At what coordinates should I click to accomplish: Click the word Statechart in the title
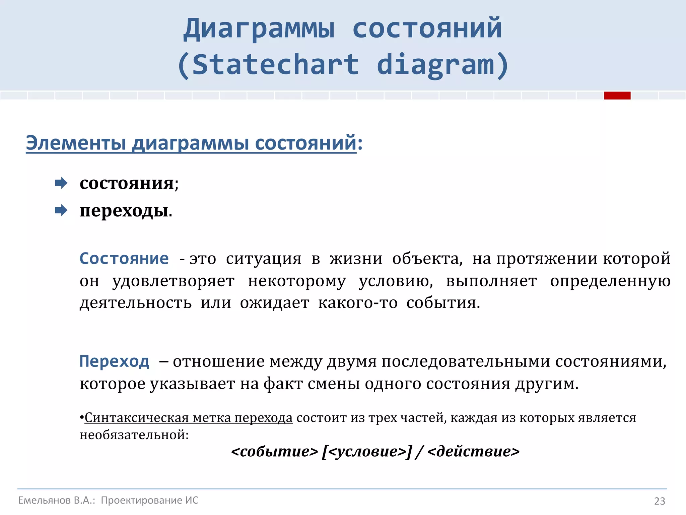click(x=275, y=64)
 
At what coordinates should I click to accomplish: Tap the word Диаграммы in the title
click(x=259, y=28)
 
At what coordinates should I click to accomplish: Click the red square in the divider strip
click(x=617, y=96)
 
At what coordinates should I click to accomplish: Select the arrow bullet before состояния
click(x=61, y=183)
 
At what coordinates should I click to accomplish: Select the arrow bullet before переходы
click(x=61, y=211)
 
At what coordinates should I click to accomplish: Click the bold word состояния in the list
click(x=127, y=183)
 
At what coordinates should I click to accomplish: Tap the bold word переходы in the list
click(x=124, y=211)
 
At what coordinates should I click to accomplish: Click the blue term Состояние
click(x=124, y=259)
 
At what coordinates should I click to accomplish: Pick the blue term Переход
click(x=114, y=361)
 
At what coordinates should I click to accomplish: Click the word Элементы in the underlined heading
click(x=76, y=143)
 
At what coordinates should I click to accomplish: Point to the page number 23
click(x=660, y=501)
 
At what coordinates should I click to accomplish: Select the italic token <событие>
click(x=274, y=451)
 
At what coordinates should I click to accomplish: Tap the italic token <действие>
click(x=473, y=451)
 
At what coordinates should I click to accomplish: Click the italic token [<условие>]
click(x=366, y=451)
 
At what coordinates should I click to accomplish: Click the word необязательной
click(x=134, y=435)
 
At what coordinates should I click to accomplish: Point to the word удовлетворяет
click(x=173, y=281)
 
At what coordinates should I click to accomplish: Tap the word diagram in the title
click(x=435, y=64)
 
